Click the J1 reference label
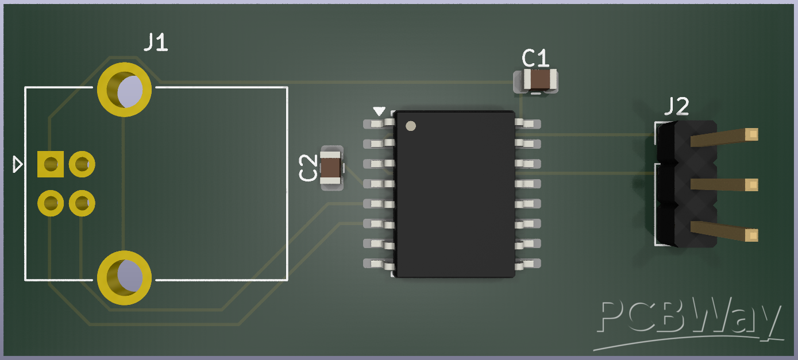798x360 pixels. coord(155,42)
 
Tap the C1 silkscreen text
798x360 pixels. coord(535,58)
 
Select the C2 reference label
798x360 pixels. coord(308,168)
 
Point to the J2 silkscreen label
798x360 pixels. coord(676,107)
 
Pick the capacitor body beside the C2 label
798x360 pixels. coord(331,168)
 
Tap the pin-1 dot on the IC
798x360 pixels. coord(410,126)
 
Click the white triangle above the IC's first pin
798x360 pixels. coord(379,110)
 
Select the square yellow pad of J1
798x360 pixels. coord(51,164)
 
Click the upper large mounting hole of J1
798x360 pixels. coord(125,90)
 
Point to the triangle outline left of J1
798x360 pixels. coord(18,165)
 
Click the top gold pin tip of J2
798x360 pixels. coord(751,134)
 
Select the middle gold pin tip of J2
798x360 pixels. coord(751,184)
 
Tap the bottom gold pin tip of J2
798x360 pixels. coord(751,235)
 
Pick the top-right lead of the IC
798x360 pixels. coord(529,123)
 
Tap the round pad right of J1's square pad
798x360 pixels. coord(82,164)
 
